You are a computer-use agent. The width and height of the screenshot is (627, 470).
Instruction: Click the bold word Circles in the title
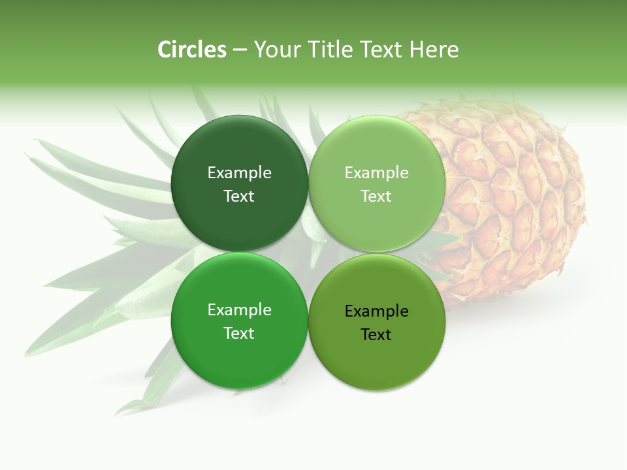point(191,50)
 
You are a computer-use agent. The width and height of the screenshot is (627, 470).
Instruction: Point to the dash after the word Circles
point(239,50)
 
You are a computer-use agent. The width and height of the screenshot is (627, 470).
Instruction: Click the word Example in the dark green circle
point(239,173)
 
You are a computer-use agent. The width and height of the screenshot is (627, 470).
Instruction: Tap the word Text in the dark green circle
point(239,196)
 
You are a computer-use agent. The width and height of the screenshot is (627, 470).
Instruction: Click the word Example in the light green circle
point(376,173)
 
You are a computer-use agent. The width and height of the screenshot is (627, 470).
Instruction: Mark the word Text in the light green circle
point(376,196)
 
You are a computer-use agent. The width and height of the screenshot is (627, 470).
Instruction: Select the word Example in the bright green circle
point(239,310)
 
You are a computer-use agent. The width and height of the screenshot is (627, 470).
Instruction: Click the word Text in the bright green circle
point(239,334)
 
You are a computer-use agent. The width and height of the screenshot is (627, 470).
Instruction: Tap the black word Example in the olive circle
point(376,311)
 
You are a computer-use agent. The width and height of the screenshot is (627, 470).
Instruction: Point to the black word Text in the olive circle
point(376,335)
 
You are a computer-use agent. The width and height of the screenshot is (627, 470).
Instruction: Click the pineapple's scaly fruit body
point(516,196)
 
